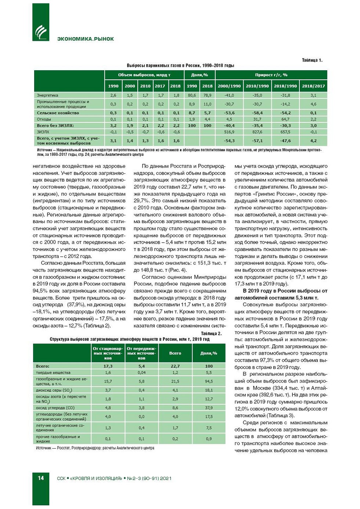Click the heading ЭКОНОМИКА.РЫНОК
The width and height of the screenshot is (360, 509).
click(85, 39)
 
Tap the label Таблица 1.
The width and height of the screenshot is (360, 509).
click(312, 60)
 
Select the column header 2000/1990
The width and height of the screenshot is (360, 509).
click(229, 86)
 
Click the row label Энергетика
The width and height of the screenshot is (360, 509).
click(47, 95)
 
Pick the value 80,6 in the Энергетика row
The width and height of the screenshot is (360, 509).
click(192, 95)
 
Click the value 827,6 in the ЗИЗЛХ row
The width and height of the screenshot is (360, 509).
click(257, 132)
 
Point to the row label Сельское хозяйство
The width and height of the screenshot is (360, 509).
click(58, 113)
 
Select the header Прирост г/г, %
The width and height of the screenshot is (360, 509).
click(271, 75)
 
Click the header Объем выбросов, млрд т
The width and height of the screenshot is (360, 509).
click(144, 75)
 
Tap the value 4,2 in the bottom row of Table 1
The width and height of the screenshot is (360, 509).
click(313, 141)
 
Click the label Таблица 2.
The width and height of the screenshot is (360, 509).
click(211, 333)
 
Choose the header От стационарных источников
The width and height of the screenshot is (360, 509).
click(108, 353)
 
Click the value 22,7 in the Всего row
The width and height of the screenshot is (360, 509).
click(175, 366)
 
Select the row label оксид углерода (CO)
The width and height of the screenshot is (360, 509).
click(55, 408)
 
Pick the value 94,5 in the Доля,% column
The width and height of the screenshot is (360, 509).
click(209, 381)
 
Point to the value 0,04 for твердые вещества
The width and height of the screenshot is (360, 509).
click(141, 373)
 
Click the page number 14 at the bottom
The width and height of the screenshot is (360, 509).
click(41, 478)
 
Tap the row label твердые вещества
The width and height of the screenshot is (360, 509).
click(53, 373)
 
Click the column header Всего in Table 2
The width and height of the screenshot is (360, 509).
click(175, 353)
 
